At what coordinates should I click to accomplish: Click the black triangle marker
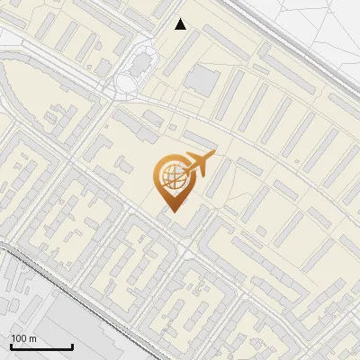coord(181,24)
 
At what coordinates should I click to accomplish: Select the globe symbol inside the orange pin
coord(171,174)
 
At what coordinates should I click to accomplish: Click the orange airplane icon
coord(200,164)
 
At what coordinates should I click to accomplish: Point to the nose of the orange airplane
coord(214,155)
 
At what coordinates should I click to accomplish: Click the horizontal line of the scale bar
coord(40,347)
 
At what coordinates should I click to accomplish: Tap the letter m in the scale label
coord(32,339)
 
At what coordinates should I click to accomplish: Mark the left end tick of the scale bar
coord(10,345)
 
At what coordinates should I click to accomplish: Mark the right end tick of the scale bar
coord(72,345)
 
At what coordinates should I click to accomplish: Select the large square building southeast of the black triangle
coord(202,80)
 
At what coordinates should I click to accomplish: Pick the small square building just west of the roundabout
coord(103,68)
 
